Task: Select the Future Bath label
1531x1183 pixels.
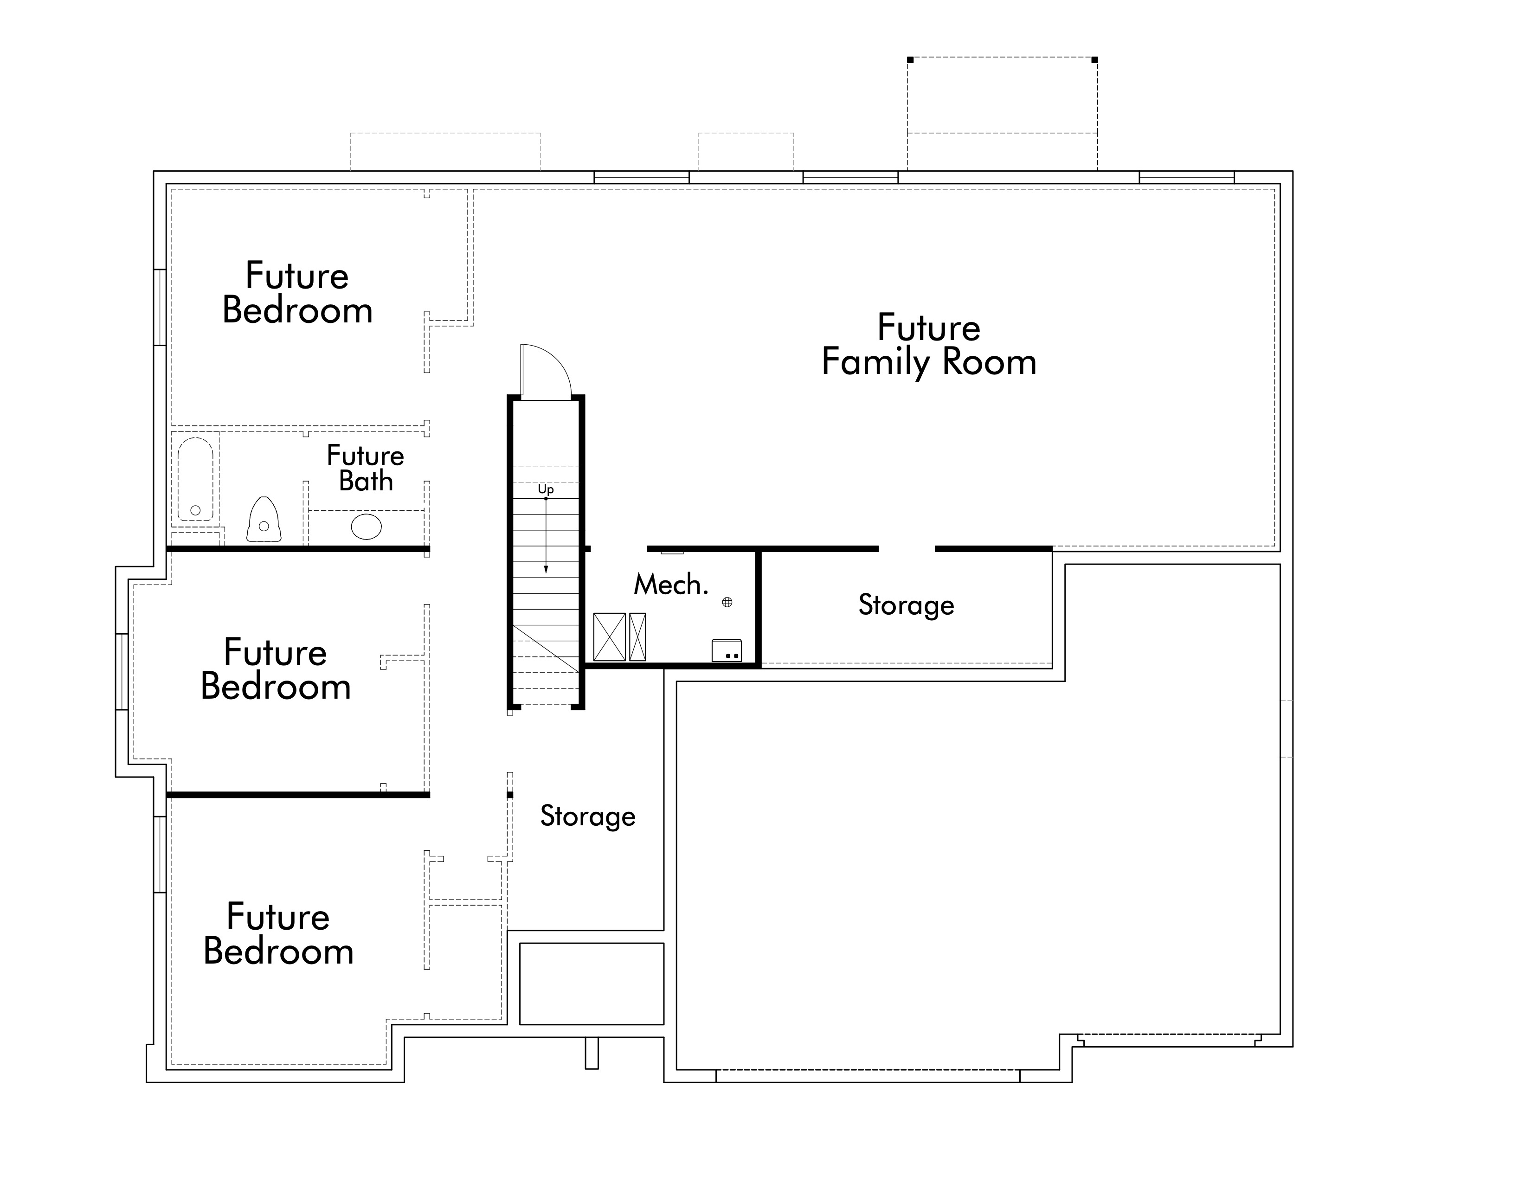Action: (x=365, y=468)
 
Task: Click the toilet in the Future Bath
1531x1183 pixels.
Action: (x=264, y=519)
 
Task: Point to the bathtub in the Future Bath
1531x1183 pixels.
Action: (x=196, y=479)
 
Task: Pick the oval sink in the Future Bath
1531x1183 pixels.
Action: (x=366, y=527)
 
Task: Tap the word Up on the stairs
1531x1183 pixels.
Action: (x=546, y=489)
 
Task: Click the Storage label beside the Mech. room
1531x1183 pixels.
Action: (x=907, y=605)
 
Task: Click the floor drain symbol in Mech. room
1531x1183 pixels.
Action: (x=727, y=602)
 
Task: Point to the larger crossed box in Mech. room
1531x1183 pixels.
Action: (x=609, y=637)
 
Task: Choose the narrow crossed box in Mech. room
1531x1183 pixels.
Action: (x=637, y=637)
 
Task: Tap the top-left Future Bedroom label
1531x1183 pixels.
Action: (x=297, y=293)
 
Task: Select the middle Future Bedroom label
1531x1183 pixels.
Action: (x=276, y=669)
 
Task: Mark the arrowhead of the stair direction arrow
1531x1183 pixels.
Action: (x=546, y=569)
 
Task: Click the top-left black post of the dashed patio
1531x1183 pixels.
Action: (x=910, y=59)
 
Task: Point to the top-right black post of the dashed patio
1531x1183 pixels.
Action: (x=1095, y=59)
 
